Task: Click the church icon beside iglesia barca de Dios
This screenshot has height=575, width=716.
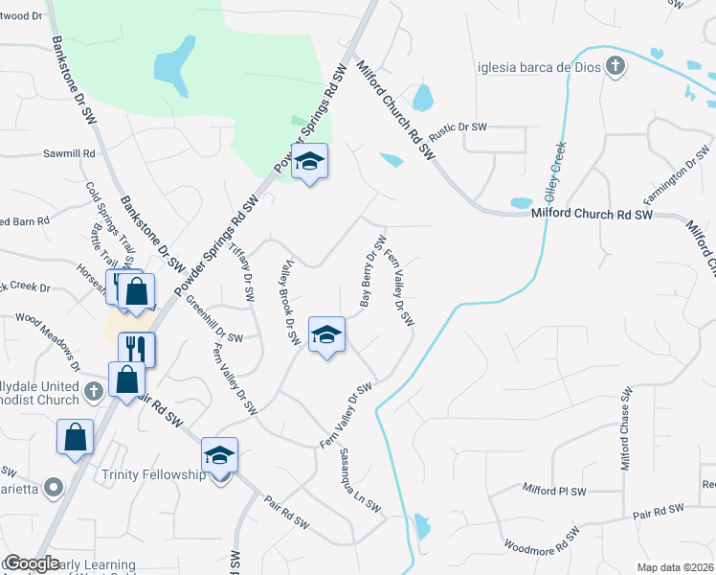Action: pyautogui.click(x=615, y=67)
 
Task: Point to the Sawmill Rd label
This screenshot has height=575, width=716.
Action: pyautogui.click(x=70, y=153)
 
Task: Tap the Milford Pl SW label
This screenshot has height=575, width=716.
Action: pyautogui.click(x=553, y=490)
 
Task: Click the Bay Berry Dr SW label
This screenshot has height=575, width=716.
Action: pyautogui.click(x=372, y=271)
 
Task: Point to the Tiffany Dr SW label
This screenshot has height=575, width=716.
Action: pyautogui.click(x=244, y=271)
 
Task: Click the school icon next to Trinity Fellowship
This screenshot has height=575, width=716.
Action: pyautogui.click(x=219, y=456)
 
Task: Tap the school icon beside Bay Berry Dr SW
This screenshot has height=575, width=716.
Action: pyautogui.click(x=326, y=334)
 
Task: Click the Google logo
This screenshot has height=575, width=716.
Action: pyautogui.click(x=32, y=563)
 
